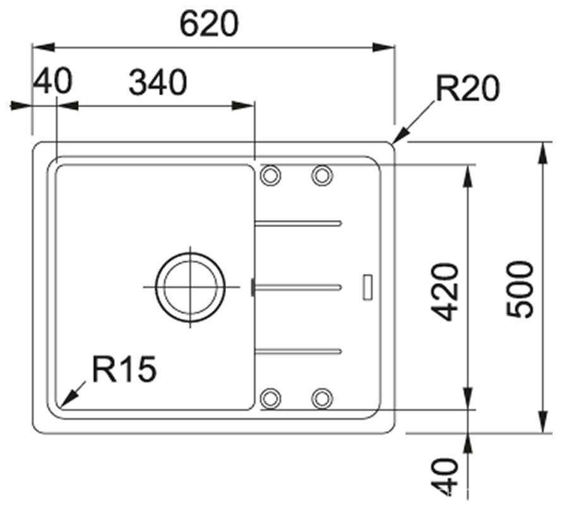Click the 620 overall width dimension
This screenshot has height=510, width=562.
(209, 23)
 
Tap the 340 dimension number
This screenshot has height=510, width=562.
(158, 83)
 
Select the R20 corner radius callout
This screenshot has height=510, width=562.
(467, 88)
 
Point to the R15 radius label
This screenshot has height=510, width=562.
(124, 369)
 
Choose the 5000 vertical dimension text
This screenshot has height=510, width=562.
(520, 289)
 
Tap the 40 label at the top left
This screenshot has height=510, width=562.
(52, 81)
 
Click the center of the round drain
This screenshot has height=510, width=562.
(190, 287)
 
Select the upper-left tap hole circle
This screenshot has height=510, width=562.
(271, 175)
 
